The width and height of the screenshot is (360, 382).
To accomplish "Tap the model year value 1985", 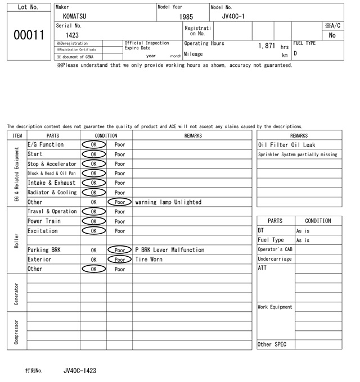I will [x=186, y=17].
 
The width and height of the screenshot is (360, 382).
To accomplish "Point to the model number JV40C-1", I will [x=233, y=16].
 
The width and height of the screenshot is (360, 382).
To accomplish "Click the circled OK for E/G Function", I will [x=93, y=144].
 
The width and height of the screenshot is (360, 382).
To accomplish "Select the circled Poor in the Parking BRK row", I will [x=119, y=250].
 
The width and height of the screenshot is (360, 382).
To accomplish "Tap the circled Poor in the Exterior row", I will [x=119, y=260].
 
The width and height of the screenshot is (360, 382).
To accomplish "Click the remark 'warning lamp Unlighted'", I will [x=168, y=202].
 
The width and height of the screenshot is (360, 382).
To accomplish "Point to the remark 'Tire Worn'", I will [x=148, y=260].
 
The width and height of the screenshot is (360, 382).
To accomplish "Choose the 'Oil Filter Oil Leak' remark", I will [x=286, y=145].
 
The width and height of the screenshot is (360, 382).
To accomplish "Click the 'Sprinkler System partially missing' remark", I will [x=298, y=154].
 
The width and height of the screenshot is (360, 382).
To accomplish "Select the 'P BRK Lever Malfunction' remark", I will [x=170, y=250].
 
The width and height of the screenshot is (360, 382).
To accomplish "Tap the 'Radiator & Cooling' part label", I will [x=52, y=192].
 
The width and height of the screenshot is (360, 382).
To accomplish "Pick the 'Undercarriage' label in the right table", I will [x=274, y=259].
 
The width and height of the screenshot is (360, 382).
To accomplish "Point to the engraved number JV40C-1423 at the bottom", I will [x=80, y=371].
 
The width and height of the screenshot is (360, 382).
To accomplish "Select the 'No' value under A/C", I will [x=332, y=35].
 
